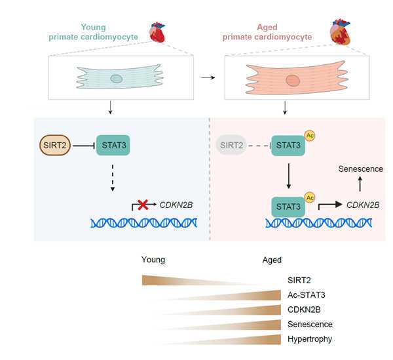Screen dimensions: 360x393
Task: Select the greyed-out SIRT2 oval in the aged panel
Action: [x=231, y=144]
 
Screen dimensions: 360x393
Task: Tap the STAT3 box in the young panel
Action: [x=113, y=144]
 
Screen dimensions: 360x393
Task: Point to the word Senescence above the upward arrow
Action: [x=360, y=169]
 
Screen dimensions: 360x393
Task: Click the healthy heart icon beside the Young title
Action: [x=157, y=31]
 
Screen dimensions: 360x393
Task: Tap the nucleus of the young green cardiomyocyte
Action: [x=116, y=79]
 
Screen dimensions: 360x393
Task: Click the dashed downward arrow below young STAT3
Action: [x=113, y=177]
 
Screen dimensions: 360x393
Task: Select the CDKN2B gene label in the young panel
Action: [x=176, y=205]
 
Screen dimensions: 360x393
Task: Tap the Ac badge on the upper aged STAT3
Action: [x=310, y=136]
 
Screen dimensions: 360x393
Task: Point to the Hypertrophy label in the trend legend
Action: [x=310, y=339]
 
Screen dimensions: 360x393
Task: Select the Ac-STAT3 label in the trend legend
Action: [x=307, y=294]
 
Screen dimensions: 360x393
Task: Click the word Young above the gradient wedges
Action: [x=153, y=260]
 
